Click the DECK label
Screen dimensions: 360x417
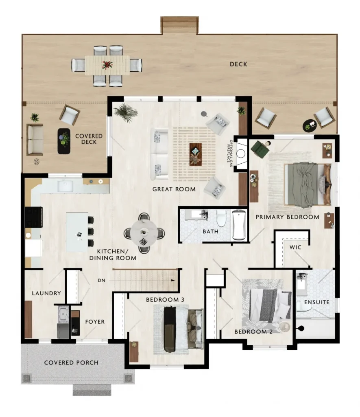[238, 64]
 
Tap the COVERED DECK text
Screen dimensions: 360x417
[89, 139]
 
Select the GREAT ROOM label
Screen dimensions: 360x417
[174, 189]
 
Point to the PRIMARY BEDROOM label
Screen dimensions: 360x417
[287, 217]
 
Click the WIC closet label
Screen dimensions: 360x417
[295, 247]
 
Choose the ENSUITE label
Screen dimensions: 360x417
[317, 303]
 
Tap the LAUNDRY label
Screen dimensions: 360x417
[46, 293]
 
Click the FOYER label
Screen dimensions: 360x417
[95, 322]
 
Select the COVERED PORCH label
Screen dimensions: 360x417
[71, 363]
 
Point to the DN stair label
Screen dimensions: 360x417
[101, 280]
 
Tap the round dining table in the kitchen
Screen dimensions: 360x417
[144, 233]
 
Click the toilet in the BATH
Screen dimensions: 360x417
[221, 218]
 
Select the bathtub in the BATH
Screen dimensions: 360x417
[239, 225]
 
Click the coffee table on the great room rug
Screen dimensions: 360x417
[196, 154]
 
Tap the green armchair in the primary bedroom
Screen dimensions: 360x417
[260, 149]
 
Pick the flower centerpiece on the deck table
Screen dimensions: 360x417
[107, 65]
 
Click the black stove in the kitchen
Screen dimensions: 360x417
[34, 217]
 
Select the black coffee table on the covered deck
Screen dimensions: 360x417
[64, 141]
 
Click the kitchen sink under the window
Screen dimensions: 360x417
[65, 186]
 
